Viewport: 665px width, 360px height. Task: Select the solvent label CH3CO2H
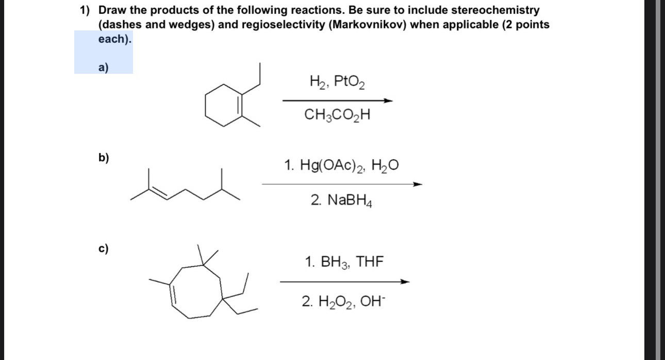(338, 114)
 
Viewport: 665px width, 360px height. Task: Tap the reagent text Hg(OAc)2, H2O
(341, 166)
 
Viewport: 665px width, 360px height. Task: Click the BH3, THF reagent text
(344, 262)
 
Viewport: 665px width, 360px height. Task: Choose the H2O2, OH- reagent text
(344, 301)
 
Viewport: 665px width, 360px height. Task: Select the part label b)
(104, 158)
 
